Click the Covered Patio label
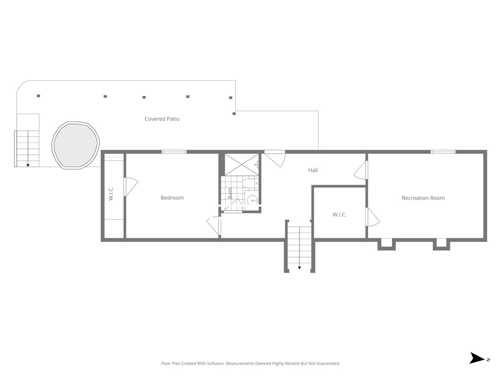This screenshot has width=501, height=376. pyautogui.click(x=162, y=119)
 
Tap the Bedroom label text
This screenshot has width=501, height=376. pyautogui.click(x=172, y=198)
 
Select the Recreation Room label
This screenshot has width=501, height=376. pyautogui.click(x=423, y=198)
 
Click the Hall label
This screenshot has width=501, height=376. pyautogui.click(x=313, y=170)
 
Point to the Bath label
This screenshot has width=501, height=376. pyautogui.click(x=230, y=193)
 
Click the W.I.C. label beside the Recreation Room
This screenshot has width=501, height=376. pyautogui.click(x=340, y=214)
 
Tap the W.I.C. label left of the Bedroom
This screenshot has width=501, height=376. pyautogui.click(x=111, y=193)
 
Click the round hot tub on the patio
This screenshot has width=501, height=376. pyautogui.click(x=76, y=144)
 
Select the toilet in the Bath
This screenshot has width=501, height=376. pyautogui.click(x=248, y=185)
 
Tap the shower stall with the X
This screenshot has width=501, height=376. pyautogui.click(x=242, y=164)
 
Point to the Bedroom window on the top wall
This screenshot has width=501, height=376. pyautogui.click(x=174, y=152)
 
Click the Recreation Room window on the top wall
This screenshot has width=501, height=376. pyautogui.click(x=443, y=152)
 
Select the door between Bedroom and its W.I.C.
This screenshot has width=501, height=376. pyautogui.click(x=130, y=187)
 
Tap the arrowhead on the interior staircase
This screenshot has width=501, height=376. pyautogui.click(x=299, y=268)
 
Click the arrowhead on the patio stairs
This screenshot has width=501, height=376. pyautogui.click(x=28, y=165)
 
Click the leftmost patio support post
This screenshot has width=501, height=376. pyautogui.click(x=38, y=96)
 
